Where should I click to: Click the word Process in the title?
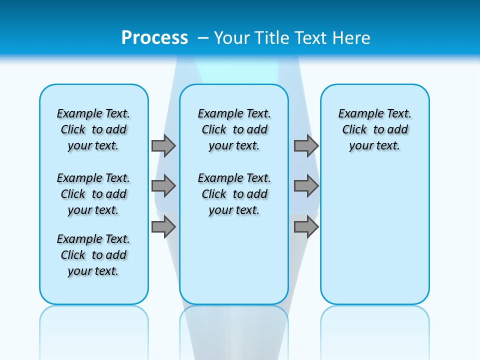[154, 37]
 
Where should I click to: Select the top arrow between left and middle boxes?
[163, 145]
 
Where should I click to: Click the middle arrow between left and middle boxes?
[163, 186]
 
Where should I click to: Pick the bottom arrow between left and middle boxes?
[163, 227]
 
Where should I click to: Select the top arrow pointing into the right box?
[306, 145]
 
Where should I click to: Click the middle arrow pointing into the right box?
[306, 186]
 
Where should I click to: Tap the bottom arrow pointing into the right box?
[306, 227]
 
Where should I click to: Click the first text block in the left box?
[93, 129]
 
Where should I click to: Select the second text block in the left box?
[93, 194]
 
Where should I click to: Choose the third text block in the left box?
[93, 255]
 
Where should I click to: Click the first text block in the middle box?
[234, 129]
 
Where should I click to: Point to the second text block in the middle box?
[234, 194]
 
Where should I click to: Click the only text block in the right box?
[374, 129]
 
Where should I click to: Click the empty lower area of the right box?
[374, 240]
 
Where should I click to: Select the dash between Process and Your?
[203, 37]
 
